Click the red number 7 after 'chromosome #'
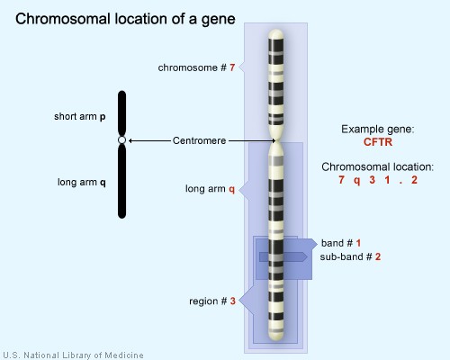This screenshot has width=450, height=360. (x=232, y=67)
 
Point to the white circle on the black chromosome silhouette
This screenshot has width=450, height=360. (x=122, y=140)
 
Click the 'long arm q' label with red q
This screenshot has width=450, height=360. (x=210, y=189)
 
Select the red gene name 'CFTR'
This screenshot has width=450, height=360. (x=377, y=142)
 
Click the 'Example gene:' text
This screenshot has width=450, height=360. (x=377, y=130)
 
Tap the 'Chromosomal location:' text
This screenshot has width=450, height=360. (x=377, y=167)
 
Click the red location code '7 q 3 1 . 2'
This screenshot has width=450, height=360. (x=377, y=181)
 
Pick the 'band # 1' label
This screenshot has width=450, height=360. (x=340, y=243)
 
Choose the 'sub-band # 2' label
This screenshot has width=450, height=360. (x=350, y=256)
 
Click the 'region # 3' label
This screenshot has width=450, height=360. (x=212, y=301)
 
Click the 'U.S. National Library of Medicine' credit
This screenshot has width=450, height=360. (x=72, y=355)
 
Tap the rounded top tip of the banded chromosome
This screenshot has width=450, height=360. (x=274, y=35)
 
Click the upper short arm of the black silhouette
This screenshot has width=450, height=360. (x=122, y=112)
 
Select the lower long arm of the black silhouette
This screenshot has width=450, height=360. (x=122, y=180)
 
